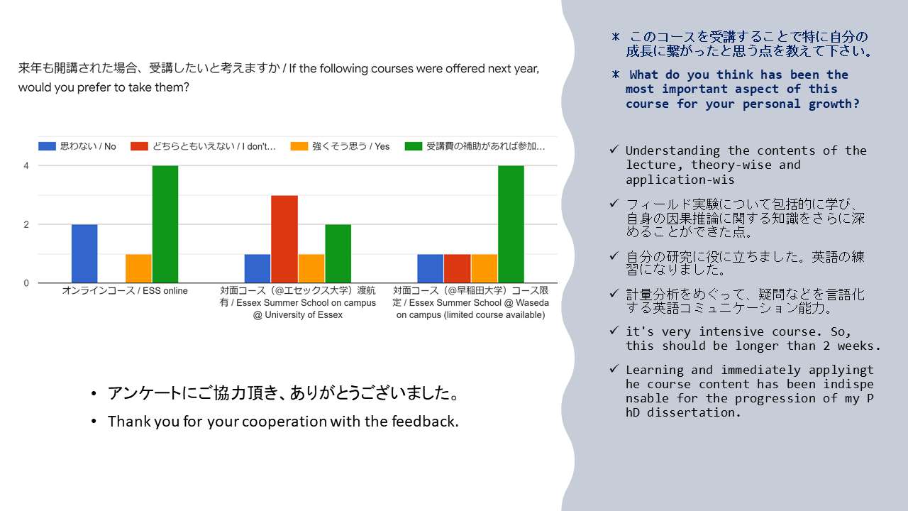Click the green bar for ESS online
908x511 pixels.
[x=165, y=224]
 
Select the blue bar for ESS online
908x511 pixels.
[x=84, y=253]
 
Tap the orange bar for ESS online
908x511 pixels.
[x=138, y=268]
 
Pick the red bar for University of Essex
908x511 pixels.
[x=284, y=239]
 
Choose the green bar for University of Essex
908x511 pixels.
[x=338, y=253]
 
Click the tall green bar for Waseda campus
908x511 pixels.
[x=511, y=224]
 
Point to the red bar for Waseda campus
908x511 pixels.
[x=457, y=268]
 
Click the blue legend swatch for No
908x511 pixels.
[x=47, y=146]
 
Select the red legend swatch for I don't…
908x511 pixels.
[x=139, y=146]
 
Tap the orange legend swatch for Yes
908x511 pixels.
[x=299, y=146]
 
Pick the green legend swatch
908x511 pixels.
[x=414, y=146]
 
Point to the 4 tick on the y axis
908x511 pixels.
[x=26, y=166]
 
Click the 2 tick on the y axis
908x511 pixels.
[x=26, y=225]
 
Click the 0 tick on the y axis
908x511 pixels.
[x=26, y=283]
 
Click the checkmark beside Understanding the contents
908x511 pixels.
[x=614, y=150]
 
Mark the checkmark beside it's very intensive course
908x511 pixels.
[x=614, y=331]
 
